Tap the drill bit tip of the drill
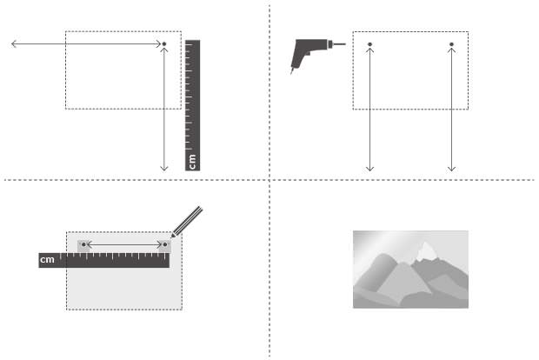point(345,44)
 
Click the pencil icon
point(187,222)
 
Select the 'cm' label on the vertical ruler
point(192,162)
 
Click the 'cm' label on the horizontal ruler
point(47,259)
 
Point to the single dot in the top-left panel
point(164,44)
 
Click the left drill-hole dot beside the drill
point(369,44)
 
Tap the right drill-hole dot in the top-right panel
point(451,44)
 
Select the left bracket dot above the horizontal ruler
point(83,244)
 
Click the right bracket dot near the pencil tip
point(165,244)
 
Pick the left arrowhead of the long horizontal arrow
point(14,43)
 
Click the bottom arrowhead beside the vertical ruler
point(164,169)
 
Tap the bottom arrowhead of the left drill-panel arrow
point(369,169)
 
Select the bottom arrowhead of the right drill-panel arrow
point(451,169)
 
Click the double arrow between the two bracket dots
point(124,244)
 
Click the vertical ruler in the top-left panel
point(192,105)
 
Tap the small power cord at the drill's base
point(292,70)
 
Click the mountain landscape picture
point(410,270)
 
